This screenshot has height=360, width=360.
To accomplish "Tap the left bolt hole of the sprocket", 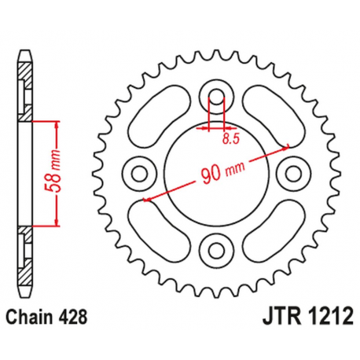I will [140, 172].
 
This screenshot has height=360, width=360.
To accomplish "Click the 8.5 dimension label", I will [229, 138].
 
